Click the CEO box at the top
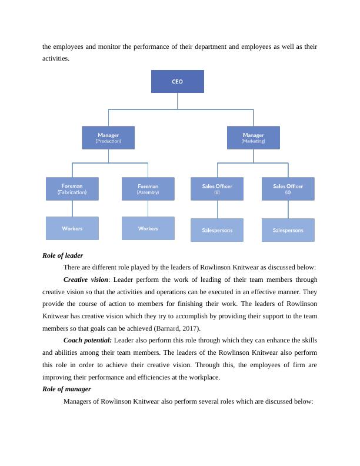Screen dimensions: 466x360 pyautogui.click(x=177, y=82)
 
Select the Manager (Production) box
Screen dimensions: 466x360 pyautogui.click(x=108, y=138)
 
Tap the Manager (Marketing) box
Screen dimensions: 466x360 pyautogui.click(x=253, y=138)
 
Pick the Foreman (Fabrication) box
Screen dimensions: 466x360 pyautogui.click(x=72, y=189)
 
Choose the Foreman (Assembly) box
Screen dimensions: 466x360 pyautogui.click(x=148, y=189)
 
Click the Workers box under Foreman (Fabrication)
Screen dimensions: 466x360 pyautogui.click(x=72, y=228)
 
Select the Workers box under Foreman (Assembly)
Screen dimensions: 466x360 pyautogui.click(x=148, y=228)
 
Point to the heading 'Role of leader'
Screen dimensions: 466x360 pyautogui.click(x=63, y=255)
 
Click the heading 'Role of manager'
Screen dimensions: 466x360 pyautogui.click(x=66, y=389)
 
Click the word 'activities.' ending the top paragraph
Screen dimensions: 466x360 pyautogui.click(x=56, y=58)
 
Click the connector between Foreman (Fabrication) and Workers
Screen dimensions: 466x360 pyautogui.click(x=72, y=208)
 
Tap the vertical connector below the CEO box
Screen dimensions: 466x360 pyautogui.click(x=178, y=101)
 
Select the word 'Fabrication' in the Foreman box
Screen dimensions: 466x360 pyautogui.click(x=72, y=192)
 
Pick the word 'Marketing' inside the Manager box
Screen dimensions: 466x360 pyautogui.click(x=253, y=141)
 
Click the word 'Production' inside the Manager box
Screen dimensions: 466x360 pyautogui.click(x=108, y=141)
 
